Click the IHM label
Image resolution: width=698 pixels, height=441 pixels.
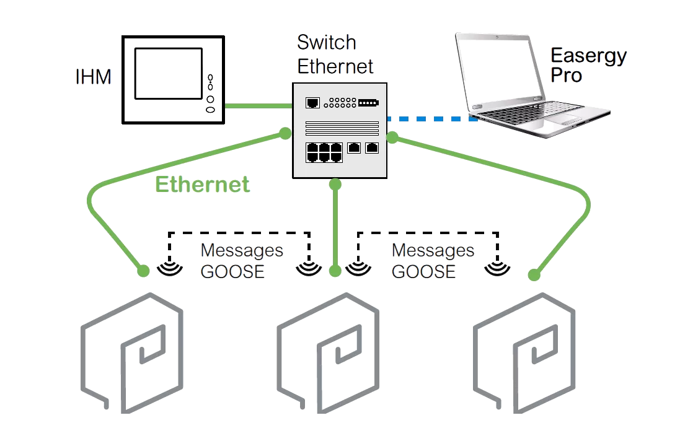(94, 77)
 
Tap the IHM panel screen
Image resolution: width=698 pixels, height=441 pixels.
(167, 72)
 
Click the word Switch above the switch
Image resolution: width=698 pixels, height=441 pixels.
(327, 43)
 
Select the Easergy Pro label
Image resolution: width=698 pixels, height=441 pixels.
(588, 65)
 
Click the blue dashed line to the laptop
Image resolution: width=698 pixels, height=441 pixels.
(431, 118)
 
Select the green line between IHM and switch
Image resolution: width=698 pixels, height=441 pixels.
(258, 106)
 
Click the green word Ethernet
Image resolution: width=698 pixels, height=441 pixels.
(203, 185)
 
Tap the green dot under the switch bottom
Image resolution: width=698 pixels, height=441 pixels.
(335, 184)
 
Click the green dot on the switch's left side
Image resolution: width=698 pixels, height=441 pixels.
(285, 133)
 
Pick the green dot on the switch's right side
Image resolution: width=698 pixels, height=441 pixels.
(392, 137)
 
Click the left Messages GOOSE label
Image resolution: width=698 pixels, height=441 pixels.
(241, 261)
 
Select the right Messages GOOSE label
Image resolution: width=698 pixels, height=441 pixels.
(433, 261)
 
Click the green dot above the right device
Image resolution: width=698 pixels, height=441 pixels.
(532, 274)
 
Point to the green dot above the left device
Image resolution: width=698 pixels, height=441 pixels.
(143, 271)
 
